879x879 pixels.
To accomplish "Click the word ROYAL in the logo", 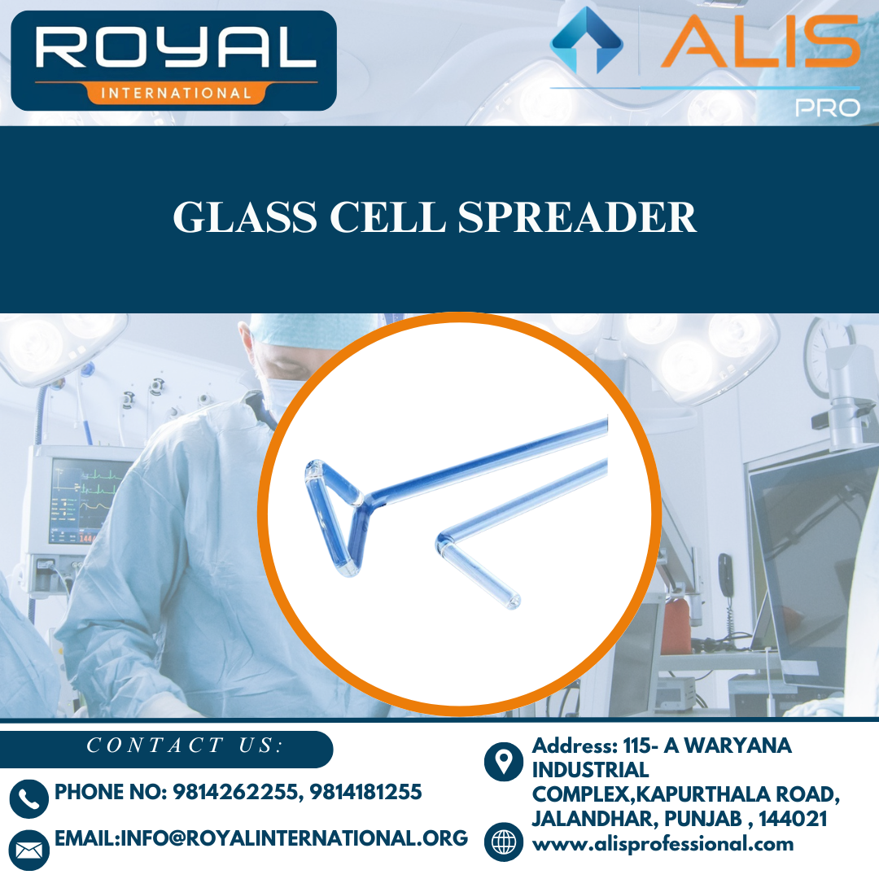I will click(x=174, y=49).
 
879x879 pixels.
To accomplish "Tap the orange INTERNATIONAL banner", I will click(x=174, y=93).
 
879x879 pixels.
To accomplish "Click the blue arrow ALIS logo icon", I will click(x=586, y=41).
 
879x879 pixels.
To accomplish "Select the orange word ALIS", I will click(x=760, y=42).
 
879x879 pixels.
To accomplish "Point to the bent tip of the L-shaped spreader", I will click(x=511, y=601).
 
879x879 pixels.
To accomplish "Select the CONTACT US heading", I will click(x=185, y=746).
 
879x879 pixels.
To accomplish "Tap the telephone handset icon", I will click(x=29, y=798).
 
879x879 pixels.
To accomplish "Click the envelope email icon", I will click(x=29, y=849).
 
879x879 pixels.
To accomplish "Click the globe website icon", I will click(x=504, y=842).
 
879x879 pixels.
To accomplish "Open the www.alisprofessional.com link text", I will click(x=663, y=844).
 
